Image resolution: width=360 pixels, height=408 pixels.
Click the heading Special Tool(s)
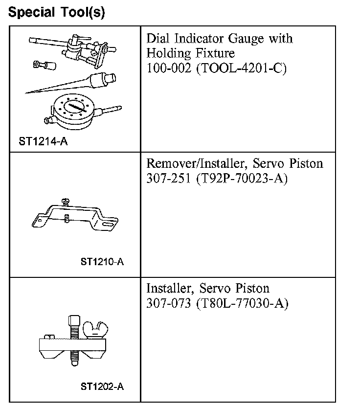pyautogui.click(x=56, y=12)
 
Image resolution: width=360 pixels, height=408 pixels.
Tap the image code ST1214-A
pyautogui.click(x=44, y=142)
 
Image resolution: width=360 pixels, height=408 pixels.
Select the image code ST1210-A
pyautogui.click(x=102, y=261)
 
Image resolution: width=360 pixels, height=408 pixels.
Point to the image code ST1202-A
pyautogui.click(x=102, y=386)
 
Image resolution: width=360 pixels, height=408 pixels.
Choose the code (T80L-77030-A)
pyautogui.click(x=242, y=303)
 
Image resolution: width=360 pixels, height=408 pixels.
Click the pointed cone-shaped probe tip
pyautogui.click(x=59, y=85)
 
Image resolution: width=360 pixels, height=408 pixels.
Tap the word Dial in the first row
pyautogui.click(x=158, y=39)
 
